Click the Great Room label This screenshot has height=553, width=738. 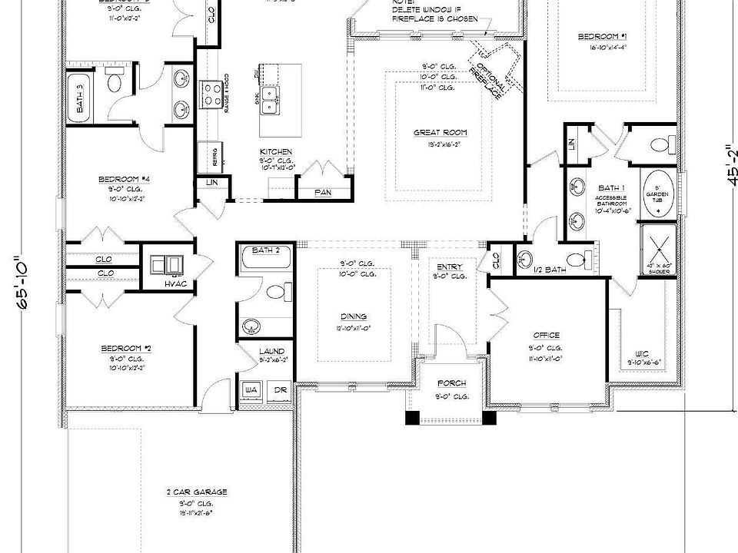pyautogui.click(x=440, y=133)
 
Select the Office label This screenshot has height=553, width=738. pyautogui.click(x=547, y=336)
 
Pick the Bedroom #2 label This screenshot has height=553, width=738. pyautogui.click(x=126, y=348)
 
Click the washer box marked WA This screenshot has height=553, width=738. pyautogui.click(x=251, y=390)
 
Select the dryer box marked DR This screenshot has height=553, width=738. pyautogui.click(x=281, y=390)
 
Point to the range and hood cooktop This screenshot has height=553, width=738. pyautogui.click(x=211, y=96)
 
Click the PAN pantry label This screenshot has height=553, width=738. pyautogui.click(x=323, y=192)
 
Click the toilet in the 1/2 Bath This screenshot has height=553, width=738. pyautogui.click(x=577, y=257)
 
